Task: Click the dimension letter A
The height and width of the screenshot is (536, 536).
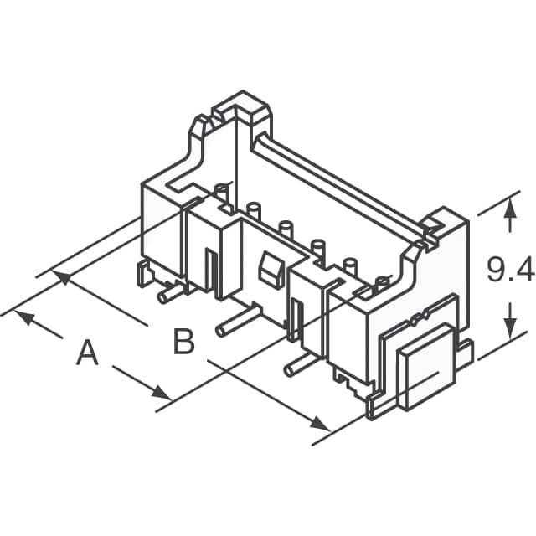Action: (87, 353)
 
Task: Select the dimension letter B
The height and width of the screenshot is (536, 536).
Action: (184, 342)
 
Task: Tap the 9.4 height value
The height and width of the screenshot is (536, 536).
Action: (510, 270)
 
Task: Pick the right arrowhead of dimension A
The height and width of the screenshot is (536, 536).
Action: (162, 393)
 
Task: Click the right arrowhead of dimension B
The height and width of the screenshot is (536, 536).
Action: (318, 423)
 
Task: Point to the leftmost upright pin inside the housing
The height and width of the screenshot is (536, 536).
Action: (221, 191)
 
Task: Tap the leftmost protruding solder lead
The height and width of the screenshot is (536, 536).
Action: (170, 292)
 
